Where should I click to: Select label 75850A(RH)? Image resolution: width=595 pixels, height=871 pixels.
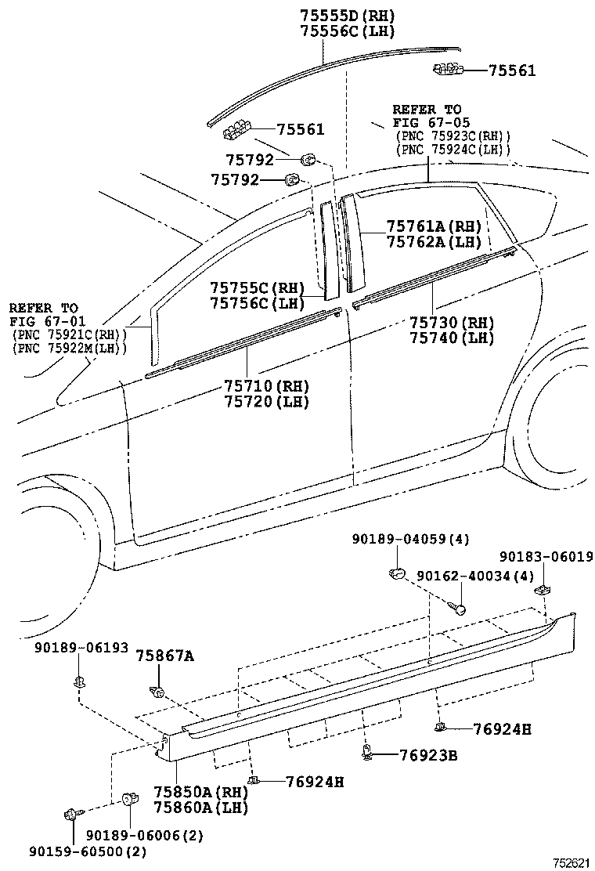[190, 791]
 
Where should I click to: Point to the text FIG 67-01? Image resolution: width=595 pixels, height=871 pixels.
[44, 321]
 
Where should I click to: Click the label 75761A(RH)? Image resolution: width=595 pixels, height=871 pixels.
[434, 226]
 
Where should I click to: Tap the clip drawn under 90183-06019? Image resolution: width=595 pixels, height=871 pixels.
[541, 588]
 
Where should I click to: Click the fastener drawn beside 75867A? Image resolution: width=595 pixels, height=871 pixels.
[157, 691]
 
